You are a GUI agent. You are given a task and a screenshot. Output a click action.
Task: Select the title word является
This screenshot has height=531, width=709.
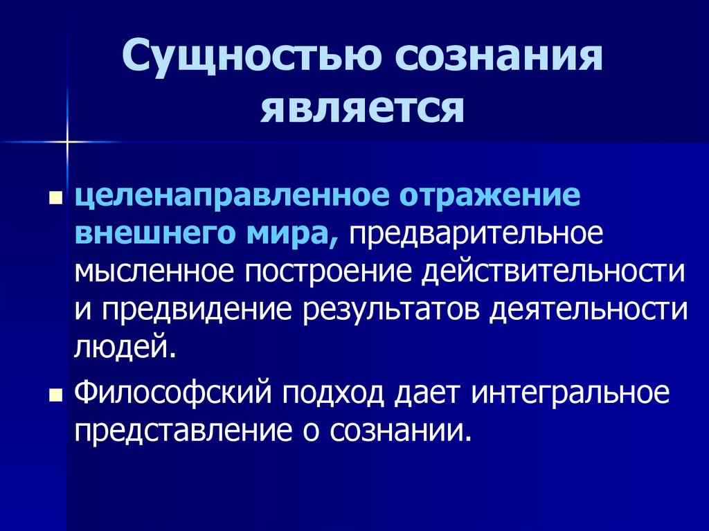pyautogui.click(x=362, y=109)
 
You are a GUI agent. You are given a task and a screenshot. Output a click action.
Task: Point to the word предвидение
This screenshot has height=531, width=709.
pyautogui.click(x=196, y=310)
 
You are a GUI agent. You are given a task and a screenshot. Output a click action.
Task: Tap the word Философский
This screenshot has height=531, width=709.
pyautogui.click(x=173, y=393)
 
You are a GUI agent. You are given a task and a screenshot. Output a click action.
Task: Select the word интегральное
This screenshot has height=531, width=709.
pyautogui.click(x=570, y=394)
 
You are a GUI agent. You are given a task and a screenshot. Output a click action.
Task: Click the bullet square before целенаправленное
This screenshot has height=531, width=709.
pyautogui.click(x=55, y=198)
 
